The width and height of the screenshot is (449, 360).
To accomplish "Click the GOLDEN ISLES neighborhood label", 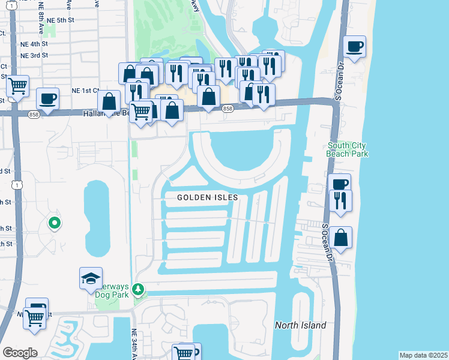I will point(208,197).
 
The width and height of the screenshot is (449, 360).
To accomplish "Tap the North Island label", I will point(300,325).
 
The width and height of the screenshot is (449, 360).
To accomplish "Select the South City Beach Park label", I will point(347,149).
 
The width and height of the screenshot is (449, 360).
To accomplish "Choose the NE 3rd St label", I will point(34,55).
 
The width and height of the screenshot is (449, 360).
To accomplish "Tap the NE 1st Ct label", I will point(85,91).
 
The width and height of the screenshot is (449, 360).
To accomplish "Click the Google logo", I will point(20,353).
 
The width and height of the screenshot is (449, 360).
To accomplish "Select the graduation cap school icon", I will point(91,278).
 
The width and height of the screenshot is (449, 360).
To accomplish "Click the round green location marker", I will point(55,224).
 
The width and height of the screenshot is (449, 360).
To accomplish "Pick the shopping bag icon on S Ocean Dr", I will point(340,237).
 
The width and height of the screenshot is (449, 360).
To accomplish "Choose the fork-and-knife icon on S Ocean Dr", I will point(340,201).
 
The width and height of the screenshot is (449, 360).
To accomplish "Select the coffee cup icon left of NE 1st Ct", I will point(47,98).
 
